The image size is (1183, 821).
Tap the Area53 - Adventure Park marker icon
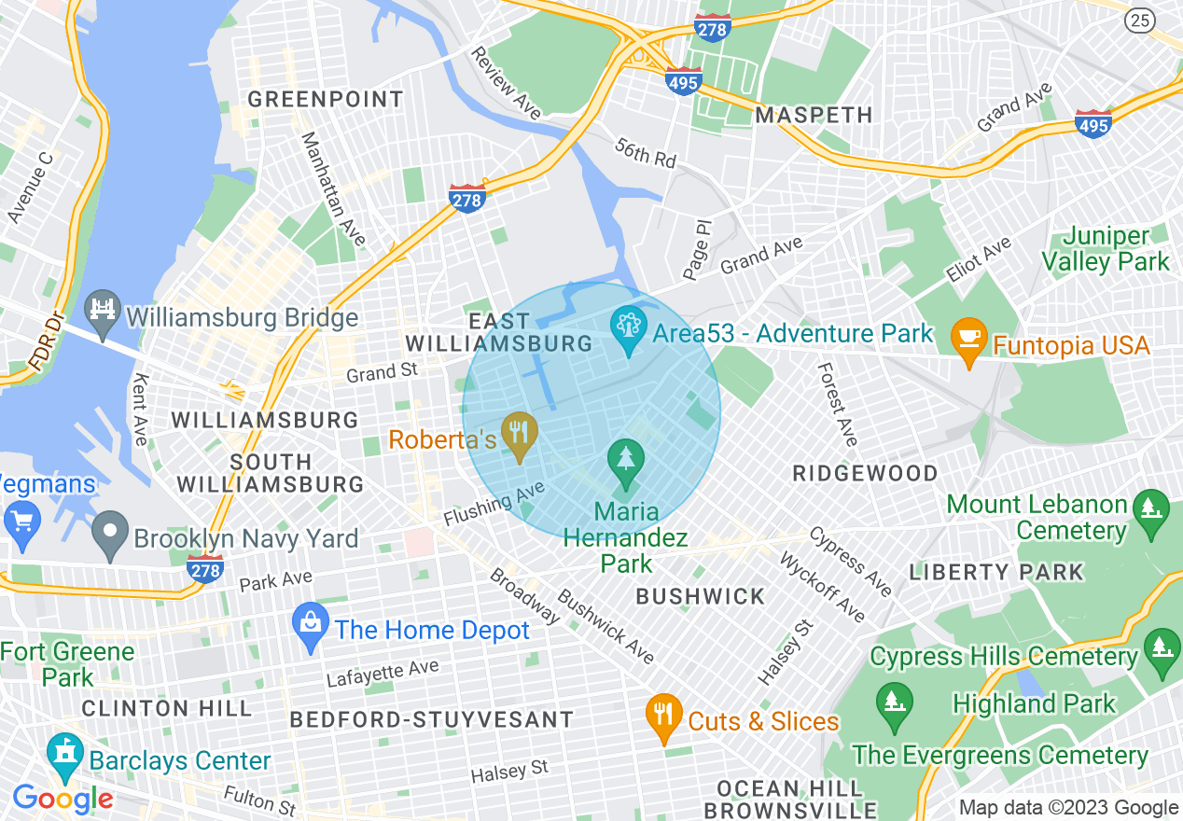pos(628,327)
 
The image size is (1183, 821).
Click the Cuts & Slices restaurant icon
pos(663,715)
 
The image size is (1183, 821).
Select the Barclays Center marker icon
pos(64,756)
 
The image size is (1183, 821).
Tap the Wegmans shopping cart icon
pos(20,521)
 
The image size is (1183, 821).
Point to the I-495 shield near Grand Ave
pos(1093,123)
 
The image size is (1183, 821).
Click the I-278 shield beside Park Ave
pos(204,568)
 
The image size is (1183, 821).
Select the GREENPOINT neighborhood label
pos(326,99)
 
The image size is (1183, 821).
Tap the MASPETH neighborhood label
pos(814,115)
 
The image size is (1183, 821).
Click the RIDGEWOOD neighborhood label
pos(865,473)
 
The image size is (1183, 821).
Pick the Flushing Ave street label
pos(494,505)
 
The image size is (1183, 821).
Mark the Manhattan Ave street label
pos(333,189)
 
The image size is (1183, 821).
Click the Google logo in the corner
pos(63,799)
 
